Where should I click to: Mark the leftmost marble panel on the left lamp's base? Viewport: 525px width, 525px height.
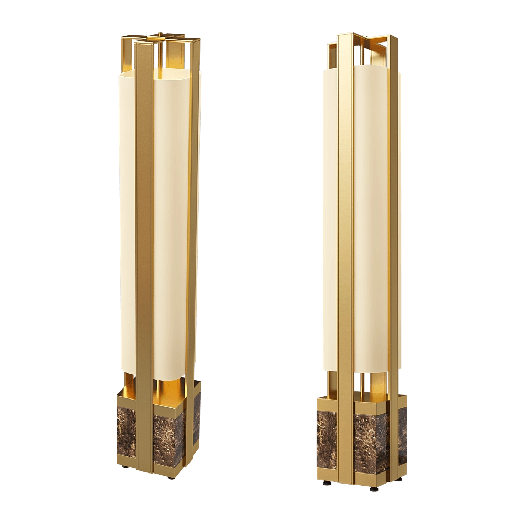pyautogui.click(x=125, y=431)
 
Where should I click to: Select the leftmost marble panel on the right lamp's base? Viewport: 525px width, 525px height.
pyautogui.click(x=325, y=441)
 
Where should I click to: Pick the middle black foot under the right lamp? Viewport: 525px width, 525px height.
pyautogui.click(x=373, y=490)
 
